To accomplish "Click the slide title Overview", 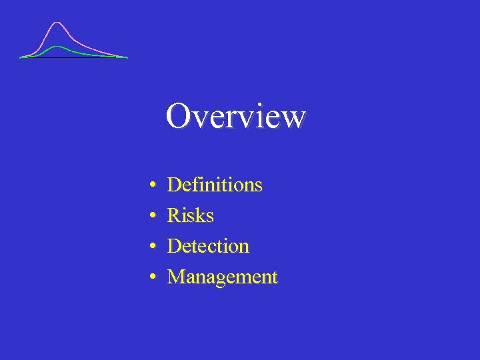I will pos(236,116).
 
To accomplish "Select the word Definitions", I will pos(215,185).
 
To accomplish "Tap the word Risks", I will pos(191,215).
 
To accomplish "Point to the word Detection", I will pos(208,246).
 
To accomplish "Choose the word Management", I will pos(222,277).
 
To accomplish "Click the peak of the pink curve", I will pos(58,23).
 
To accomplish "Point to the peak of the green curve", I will pos(58,47).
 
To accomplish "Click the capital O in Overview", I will pos(178,116).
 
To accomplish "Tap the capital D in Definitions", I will pos(174,185).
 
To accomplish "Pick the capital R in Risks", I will pos(173,215).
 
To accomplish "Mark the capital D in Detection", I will pos(174,246).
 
